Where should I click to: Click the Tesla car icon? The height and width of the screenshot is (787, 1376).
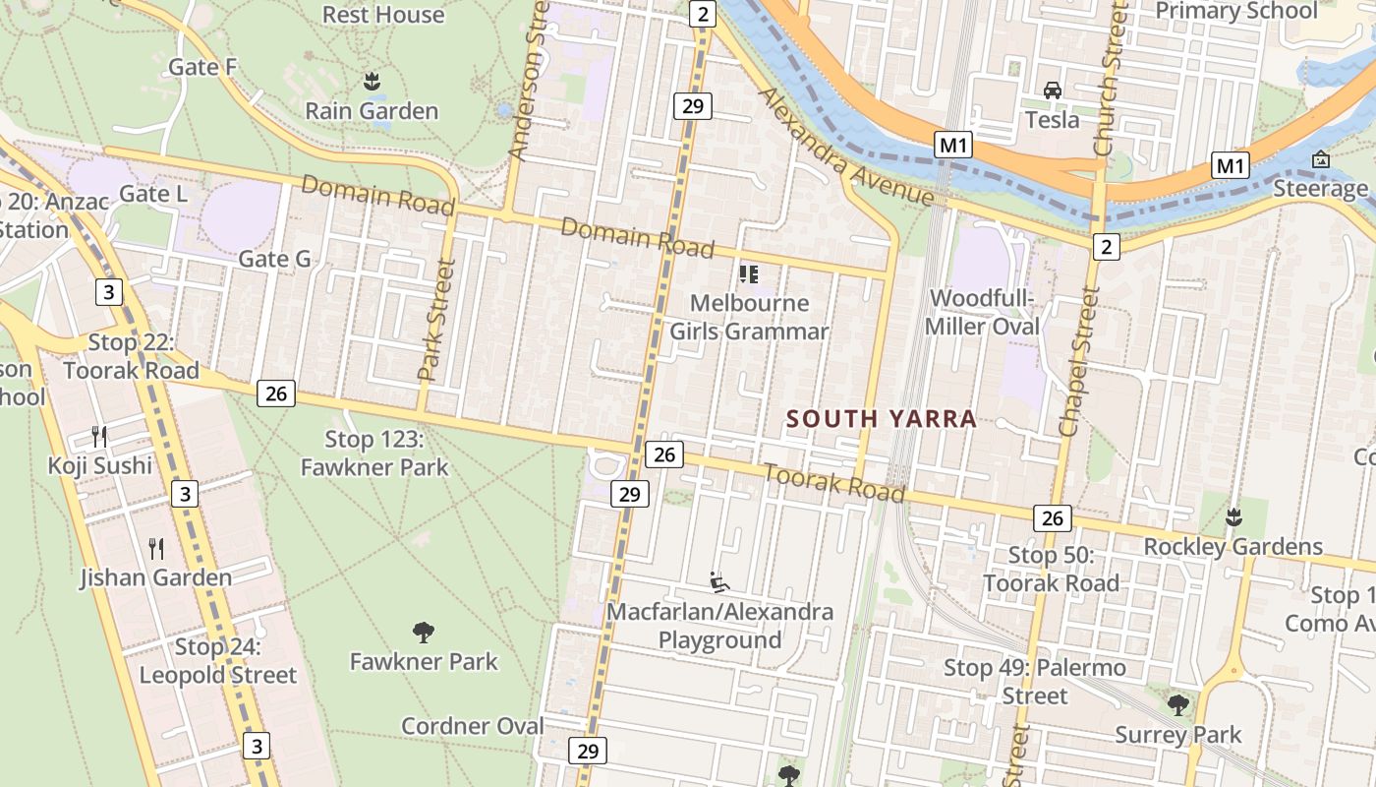[1053, 91]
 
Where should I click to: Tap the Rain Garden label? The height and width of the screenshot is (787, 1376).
[372, 110]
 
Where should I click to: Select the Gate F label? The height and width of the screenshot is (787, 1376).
[203, 67]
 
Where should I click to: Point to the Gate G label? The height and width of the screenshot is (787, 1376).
[275, 259]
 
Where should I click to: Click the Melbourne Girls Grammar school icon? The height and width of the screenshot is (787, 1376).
[749, 273]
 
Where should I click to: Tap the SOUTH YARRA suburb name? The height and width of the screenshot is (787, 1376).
[882, 419]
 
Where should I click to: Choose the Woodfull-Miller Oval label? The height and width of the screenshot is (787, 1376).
[983, 312]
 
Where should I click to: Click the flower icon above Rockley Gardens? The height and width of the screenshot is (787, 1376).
[1233, 516]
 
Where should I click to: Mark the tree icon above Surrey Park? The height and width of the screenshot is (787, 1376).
[1177, 704]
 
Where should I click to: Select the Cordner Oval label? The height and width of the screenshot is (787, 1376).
[472, 726]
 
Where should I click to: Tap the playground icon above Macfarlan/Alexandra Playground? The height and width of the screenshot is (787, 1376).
[719, 582]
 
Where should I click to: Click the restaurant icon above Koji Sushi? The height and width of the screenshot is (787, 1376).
[98, 436]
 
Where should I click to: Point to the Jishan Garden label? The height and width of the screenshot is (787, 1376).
[156, 576]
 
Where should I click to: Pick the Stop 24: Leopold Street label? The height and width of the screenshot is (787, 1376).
[218, 661]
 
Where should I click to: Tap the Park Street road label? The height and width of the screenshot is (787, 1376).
[436, 320]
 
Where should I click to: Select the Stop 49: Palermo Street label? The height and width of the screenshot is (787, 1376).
[1035, 682]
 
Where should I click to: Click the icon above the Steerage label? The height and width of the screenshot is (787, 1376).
[1320, 159]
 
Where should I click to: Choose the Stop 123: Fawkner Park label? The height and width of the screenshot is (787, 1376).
[374, 453]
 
